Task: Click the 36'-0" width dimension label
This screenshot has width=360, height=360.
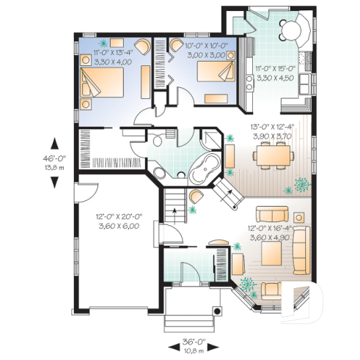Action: (192, 341)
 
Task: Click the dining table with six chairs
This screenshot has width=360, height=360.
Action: (271, 155)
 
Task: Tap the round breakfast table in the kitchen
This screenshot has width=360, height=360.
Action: (290, 30)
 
